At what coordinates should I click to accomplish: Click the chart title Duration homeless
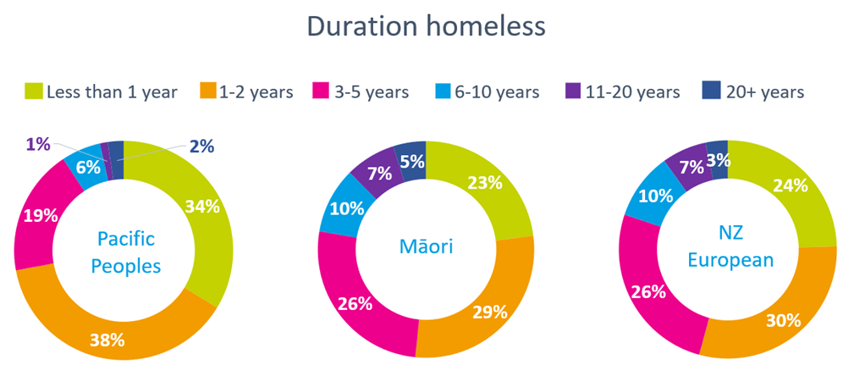[x=426, y=26]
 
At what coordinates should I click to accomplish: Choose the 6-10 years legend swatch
[x=443, y=91]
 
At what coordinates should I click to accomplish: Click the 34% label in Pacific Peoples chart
[x=201, y=207]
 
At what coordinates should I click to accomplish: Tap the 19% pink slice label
[x=40, y=216]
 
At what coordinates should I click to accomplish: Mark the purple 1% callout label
[x=37, y=144]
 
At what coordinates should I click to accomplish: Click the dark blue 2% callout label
[x=201, y=147]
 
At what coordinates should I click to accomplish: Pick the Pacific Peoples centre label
[x=126, y=252]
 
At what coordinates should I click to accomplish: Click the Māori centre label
[x=427, y=246]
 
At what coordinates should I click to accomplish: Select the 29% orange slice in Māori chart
[x=479, y=305]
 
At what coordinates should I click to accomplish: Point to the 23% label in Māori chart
[x=485, y=183]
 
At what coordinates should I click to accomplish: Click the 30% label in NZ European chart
[x=783, y=320]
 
